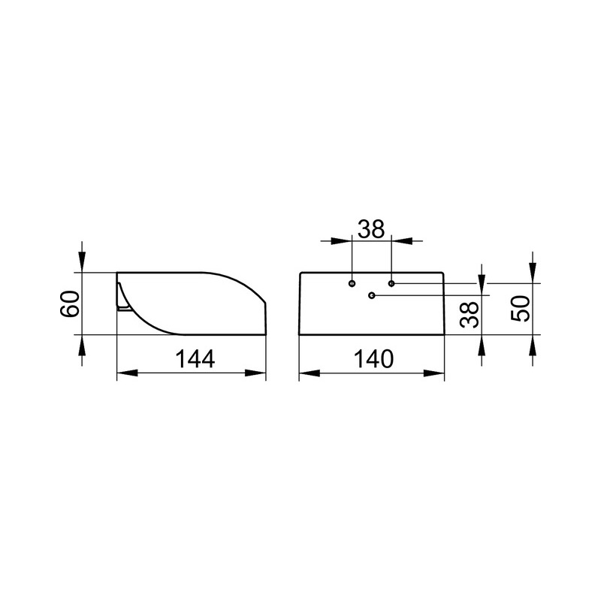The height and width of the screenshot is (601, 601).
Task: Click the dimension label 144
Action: [x=195, y=359]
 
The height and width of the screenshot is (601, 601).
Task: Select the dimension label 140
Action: [x=373, y=359]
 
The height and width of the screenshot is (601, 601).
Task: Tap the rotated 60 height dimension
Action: [x=70, y=304]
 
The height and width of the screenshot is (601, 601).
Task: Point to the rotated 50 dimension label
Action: [x=521, y=309]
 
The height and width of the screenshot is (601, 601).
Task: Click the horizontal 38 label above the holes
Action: [x=371, y=229]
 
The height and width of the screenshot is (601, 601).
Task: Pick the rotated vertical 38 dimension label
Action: [x=470, y=314]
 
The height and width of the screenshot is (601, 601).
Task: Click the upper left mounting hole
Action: [x=352, y=284]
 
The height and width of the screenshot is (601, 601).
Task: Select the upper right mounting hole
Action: [x=391, y=284]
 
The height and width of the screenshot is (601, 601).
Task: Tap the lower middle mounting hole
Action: [x=371, y=295]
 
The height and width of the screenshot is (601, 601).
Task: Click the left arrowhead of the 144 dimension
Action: [x=127, y=373]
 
